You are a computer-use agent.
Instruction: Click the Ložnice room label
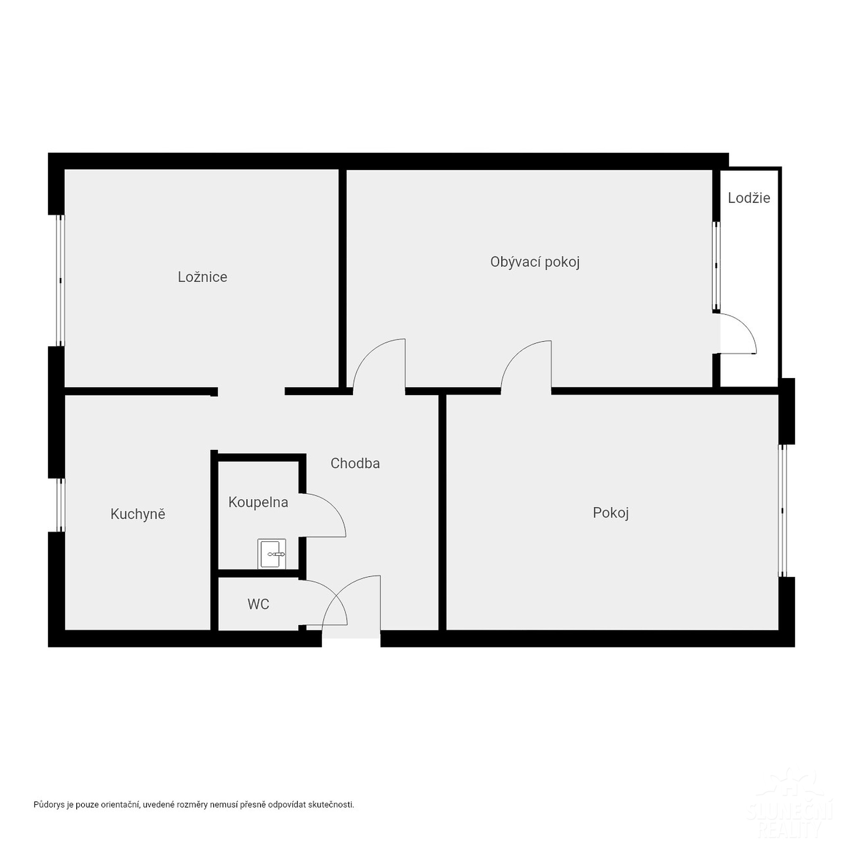(202, 277)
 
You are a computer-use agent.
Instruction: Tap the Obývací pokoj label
(534, 262)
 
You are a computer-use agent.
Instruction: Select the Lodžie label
(749, 198)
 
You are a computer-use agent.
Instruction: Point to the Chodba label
(355, 463)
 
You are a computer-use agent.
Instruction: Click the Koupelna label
(258, 502)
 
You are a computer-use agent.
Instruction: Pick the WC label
(258, 604)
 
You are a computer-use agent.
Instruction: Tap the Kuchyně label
(137, 514)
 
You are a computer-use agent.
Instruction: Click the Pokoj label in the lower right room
(610, 513)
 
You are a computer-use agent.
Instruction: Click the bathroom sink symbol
(271, 554)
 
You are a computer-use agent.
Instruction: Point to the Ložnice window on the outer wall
(61, 281)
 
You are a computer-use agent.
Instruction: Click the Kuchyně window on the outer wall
(61, 505)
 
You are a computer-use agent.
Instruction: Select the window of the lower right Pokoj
(782, 510)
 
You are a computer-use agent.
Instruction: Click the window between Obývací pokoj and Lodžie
(716, 266)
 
